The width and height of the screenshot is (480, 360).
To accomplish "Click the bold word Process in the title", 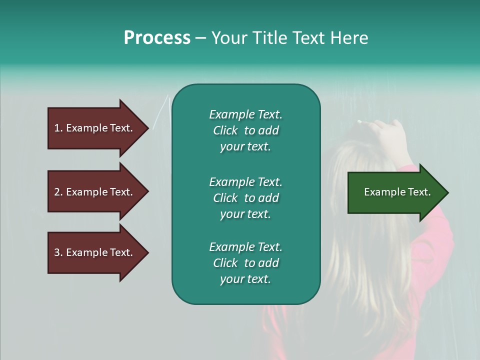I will pyautogui.click(x=157, y=38).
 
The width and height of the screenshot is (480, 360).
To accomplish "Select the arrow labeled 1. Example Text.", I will pyautogui.click(x=93, y=128).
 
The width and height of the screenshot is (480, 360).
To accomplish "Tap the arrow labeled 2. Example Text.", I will pyautogui.click(x=93, y=192).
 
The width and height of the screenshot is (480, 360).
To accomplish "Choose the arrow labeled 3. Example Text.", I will pyautogui.click(x=93, y=252).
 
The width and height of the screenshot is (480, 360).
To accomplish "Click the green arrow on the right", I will pyautogui.click(x=397, y=192).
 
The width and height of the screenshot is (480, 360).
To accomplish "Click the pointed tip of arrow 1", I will pyautogui.click(x=147, y=128).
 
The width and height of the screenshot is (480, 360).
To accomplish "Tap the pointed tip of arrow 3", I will pyautogui.click(x=147, y=252).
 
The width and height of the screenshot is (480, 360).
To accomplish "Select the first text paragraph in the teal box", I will pyautogui.click(x=245, y=130).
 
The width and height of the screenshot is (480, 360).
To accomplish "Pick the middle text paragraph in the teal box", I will pyautogui.click(x=245, y=198).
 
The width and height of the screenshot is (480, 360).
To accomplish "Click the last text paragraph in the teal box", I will pyautogui.click(x=245, y=263).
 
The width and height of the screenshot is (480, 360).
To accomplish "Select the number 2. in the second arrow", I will pyautogui.click(x=58, y=192).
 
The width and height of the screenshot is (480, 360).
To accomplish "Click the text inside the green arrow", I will pyautogui.click(x=397, y=192).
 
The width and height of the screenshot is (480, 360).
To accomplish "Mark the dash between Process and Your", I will pyautogui.click(x=201, y=38).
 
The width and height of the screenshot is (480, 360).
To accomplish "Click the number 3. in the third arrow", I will pyautogui.click(x=58, y=252).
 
